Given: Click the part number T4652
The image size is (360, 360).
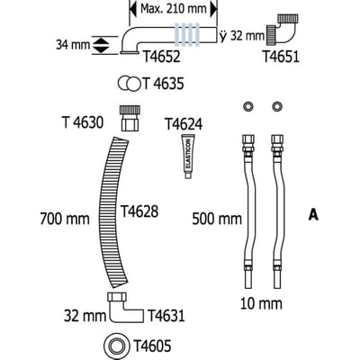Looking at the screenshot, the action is pyautogui.click(x=161, y=57).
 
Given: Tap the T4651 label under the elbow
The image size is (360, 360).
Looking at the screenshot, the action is pyautogui.click(x=281, y=57).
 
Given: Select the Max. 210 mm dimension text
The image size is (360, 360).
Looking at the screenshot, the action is pyautogui.click(x=174, y=9).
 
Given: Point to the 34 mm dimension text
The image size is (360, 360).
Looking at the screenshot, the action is pyautogui.click(x=73, y=45).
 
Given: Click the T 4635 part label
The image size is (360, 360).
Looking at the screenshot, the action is pyautogui.click(x=163, y=84).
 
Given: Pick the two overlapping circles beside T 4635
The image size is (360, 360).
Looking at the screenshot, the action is pyautogui.click(x=130, y=84).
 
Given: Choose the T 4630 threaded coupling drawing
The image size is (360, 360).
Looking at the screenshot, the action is pyautogui.click(x=130, y=118).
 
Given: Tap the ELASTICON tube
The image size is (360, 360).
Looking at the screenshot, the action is pyautogui.click(x=188, y=157).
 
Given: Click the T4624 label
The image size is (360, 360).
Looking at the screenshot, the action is pyautogui.click(x=184, y=124).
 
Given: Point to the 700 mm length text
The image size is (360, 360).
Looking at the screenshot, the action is pyautogui.click(x=65, y=219).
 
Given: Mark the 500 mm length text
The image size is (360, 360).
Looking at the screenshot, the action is pyautogui.click(x=217, y=219).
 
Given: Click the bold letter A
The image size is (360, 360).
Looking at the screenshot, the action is pyautogui.click(x=313, y=215).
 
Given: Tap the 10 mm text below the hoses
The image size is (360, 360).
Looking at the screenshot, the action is pyautogui.click(x=261, y=303).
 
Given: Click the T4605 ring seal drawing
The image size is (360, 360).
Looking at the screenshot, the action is pyautogui.click(x=117, y=346).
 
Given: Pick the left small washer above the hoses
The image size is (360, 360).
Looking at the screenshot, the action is pyautogui.click(x=248, y=106).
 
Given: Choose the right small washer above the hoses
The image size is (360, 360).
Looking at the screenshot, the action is pyautogui.click(x=277, y=106).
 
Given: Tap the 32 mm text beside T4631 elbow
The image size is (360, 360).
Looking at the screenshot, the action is pyautogui.click(x=85, y=316).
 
